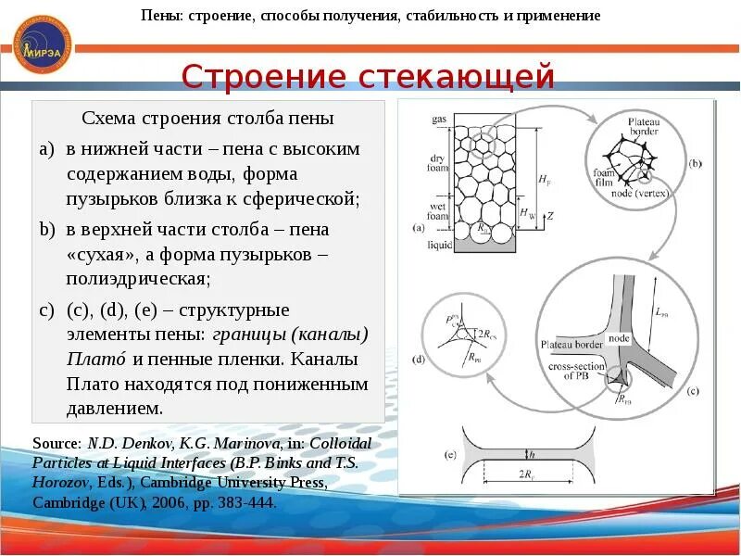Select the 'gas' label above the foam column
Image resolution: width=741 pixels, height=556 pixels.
coord(439,120)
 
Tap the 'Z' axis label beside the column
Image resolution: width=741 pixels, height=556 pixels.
coord(549,215)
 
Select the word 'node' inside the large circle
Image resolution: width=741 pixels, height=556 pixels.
coord(620,338)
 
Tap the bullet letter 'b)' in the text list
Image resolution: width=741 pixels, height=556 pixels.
coord(47,229)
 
